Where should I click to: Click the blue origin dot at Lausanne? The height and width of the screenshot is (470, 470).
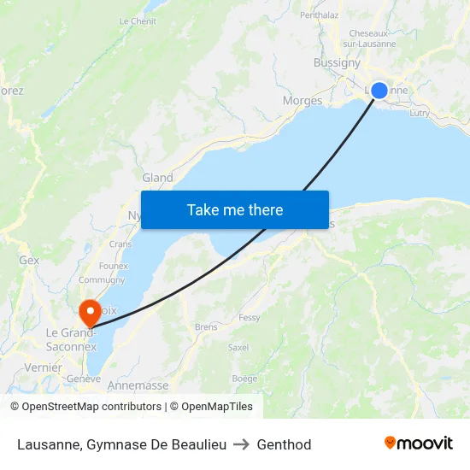(x=379, y=91)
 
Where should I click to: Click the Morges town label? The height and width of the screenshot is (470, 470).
(x=303, y=101)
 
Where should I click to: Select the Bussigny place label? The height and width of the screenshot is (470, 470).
(x=337, y=62)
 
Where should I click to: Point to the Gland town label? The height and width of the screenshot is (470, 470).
(x=157, y=178)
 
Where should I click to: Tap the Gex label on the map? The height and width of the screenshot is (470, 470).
(x=29, y=260)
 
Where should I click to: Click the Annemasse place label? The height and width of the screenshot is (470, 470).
(x=138, y=385)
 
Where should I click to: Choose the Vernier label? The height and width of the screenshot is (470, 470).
(x=44, y=367)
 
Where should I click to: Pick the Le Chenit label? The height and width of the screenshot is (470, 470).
(x=138, y=21)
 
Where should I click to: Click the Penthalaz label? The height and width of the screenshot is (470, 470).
(x=320, y=15)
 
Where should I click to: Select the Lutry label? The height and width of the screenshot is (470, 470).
(x=420, y=112)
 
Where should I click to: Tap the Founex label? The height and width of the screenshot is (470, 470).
(x=113, y=266)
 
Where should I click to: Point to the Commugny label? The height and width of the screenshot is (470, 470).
(x=102, y=279)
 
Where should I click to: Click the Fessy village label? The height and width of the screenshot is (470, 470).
(x=250, y=317)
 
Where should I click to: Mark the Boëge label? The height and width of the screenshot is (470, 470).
(x=244, y=379)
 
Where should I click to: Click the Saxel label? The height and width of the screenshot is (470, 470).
(x=238, y=348)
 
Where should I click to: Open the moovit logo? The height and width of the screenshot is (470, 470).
(x=418, y=443)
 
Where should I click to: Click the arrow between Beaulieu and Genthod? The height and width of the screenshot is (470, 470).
(x=242, y=444)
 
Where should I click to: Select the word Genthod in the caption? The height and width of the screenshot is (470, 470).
(x=284, y=444)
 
